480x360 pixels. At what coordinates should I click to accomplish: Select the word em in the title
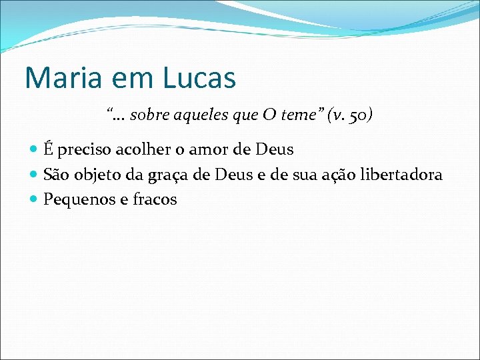[x=126, y=79]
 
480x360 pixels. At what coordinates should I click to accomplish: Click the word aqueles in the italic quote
[x=198, y=115]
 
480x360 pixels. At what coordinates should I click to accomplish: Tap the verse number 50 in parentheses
[x=358, y=115]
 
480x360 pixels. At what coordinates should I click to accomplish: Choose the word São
[x=56, y=175]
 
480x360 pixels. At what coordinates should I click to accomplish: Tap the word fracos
[x=155, y=199]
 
